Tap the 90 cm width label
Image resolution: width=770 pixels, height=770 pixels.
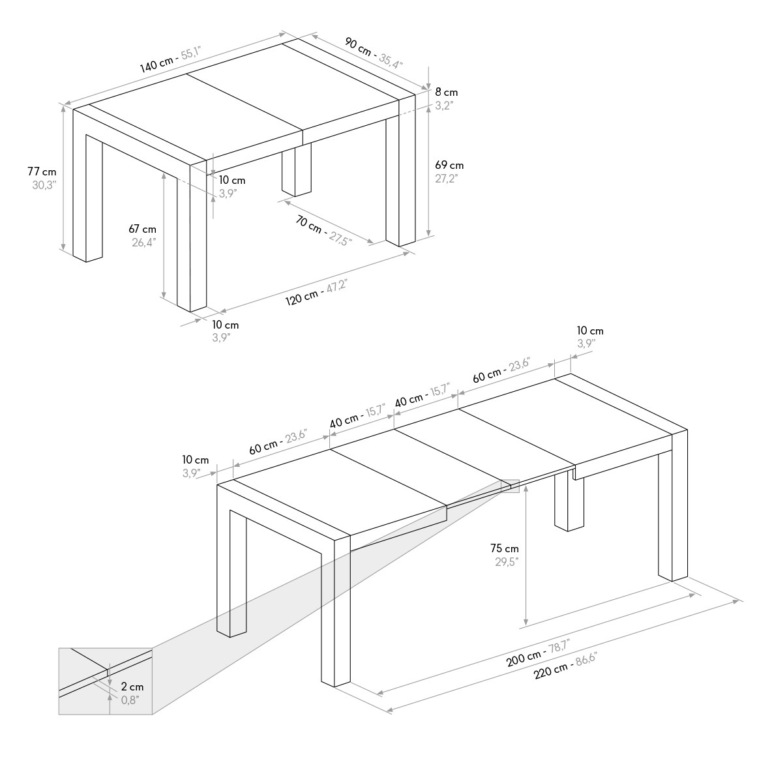click(358, 46)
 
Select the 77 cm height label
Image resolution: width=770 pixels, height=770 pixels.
click(42, 172)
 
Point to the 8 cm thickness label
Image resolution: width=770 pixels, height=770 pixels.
click(447, 93)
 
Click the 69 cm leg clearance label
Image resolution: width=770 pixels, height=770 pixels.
click(449, 165)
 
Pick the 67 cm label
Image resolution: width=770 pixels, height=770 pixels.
click(142, 229)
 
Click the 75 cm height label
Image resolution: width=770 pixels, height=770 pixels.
click(505, 548)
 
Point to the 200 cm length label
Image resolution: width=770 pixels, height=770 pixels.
click(524, 659)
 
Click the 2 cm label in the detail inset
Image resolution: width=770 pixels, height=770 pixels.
click(132, 687)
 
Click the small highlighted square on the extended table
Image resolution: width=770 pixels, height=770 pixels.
click(510, 486)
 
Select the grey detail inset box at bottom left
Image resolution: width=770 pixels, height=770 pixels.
click(105, 681)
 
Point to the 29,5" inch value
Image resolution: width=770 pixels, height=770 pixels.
click(507, 562)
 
